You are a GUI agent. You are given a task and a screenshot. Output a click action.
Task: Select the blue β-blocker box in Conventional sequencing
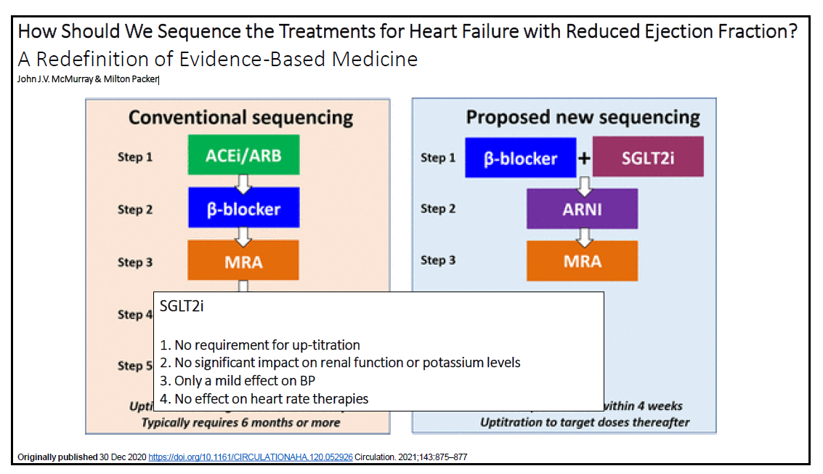(243, 209)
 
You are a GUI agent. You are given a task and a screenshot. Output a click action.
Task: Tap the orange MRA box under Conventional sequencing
(243, 260)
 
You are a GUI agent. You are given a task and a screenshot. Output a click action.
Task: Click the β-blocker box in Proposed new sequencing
(520, 158)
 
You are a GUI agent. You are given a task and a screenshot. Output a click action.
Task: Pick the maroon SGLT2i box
(648, 157)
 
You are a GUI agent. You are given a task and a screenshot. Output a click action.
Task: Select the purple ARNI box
(582, 209)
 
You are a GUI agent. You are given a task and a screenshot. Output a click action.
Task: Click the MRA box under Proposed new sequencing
(582, 260)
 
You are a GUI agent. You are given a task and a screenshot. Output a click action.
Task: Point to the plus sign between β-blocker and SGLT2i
(585, 158)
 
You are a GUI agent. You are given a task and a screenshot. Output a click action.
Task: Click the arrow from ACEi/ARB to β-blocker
(244, 182)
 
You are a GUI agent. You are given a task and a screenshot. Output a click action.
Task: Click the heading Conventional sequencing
(241, 117)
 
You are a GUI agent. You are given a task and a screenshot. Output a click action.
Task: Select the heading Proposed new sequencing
(583, 117)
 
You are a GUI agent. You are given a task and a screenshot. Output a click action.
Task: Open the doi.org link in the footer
(251, 457)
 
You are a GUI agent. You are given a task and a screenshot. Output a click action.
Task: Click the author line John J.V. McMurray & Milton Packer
(88, 79)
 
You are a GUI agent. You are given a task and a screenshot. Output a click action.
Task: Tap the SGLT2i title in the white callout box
(182, 306)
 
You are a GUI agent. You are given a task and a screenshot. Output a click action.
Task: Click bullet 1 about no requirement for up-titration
(260, 345)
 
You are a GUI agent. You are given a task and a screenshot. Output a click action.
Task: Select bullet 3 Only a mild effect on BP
(238, 380)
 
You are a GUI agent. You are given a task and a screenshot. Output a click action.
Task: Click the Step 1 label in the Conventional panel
(135, 157)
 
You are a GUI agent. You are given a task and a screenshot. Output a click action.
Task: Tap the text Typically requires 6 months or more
(240, 422)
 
